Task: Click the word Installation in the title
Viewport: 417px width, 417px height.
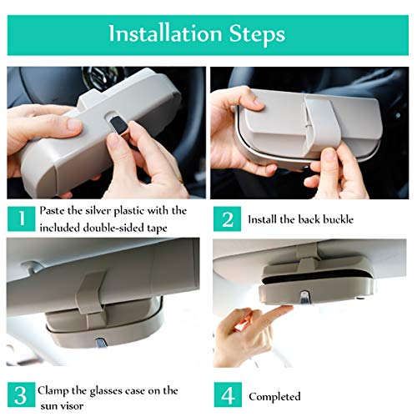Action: [165, 33]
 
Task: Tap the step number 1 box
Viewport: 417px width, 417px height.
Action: [22, 219]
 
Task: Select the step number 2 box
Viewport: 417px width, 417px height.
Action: [228, 219]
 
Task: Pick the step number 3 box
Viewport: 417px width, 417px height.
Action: [22, 395]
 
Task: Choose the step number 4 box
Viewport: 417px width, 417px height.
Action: [228, 395]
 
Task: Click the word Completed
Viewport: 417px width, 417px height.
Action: [274, 397]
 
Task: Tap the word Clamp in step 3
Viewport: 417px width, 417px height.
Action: [53, 391]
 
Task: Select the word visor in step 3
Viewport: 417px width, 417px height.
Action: [71, 406]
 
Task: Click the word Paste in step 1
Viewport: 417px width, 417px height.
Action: [52, 210]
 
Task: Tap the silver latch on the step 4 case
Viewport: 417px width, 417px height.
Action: [305, 297]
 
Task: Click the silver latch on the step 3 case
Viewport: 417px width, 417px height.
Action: [100, 343]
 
